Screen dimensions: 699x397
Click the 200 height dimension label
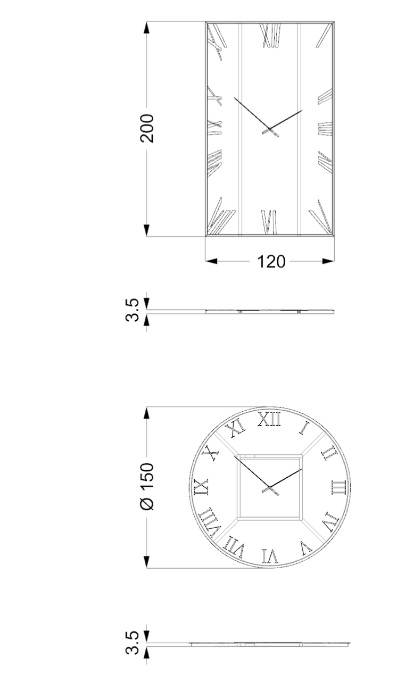point(147,128)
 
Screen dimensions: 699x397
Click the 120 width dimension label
point(271,261)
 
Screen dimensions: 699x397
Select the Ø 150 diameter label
point(147,487)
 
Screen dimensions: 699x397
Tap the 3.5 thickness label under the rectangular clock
point(135,310)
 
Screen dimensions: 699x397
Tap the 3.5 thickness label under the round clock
point(135,643)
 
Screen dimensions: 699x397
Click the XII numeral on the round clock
point(269,420)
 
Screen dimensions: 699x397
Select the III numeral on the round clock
point(338,487)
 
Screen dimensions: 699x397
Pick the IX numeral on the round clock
point(202,487)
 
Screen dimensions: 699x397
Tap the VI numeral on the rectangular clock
point(270,222)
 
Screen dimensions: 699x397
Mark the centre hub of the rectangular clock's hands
point(269,129)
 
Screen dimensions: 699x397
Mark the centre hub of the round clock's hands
point(269,488)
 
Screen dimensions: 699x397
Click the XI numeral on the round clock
point(235,427)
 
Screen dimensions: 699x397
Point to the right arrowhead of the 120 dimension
point(328,261)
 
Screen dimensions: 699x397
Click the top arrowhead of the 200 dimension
point(147,27)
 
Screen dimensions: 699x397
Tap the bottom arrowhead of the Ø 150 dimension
point(147,562)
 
